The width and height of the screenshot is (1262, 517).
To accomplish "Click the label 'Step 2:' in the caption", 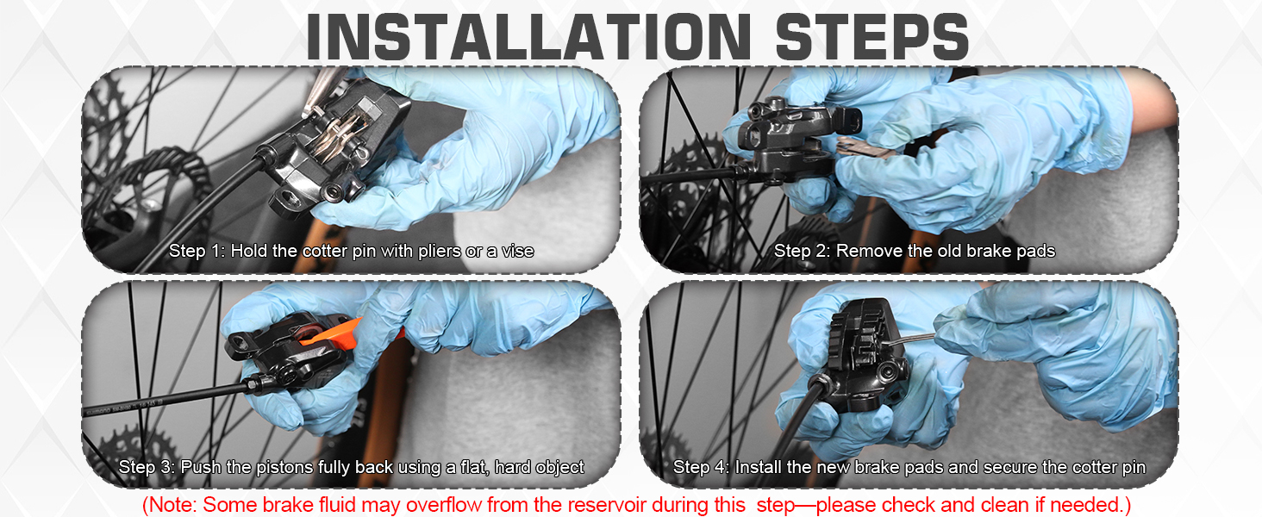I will click(x=802, y=252).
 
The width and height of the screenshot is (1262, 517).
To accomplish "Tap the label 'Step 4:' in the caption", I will click(x=701, y=468).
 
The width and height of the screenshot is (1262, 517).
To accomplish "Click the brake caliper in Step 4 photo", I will click(x=862, y=353).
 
